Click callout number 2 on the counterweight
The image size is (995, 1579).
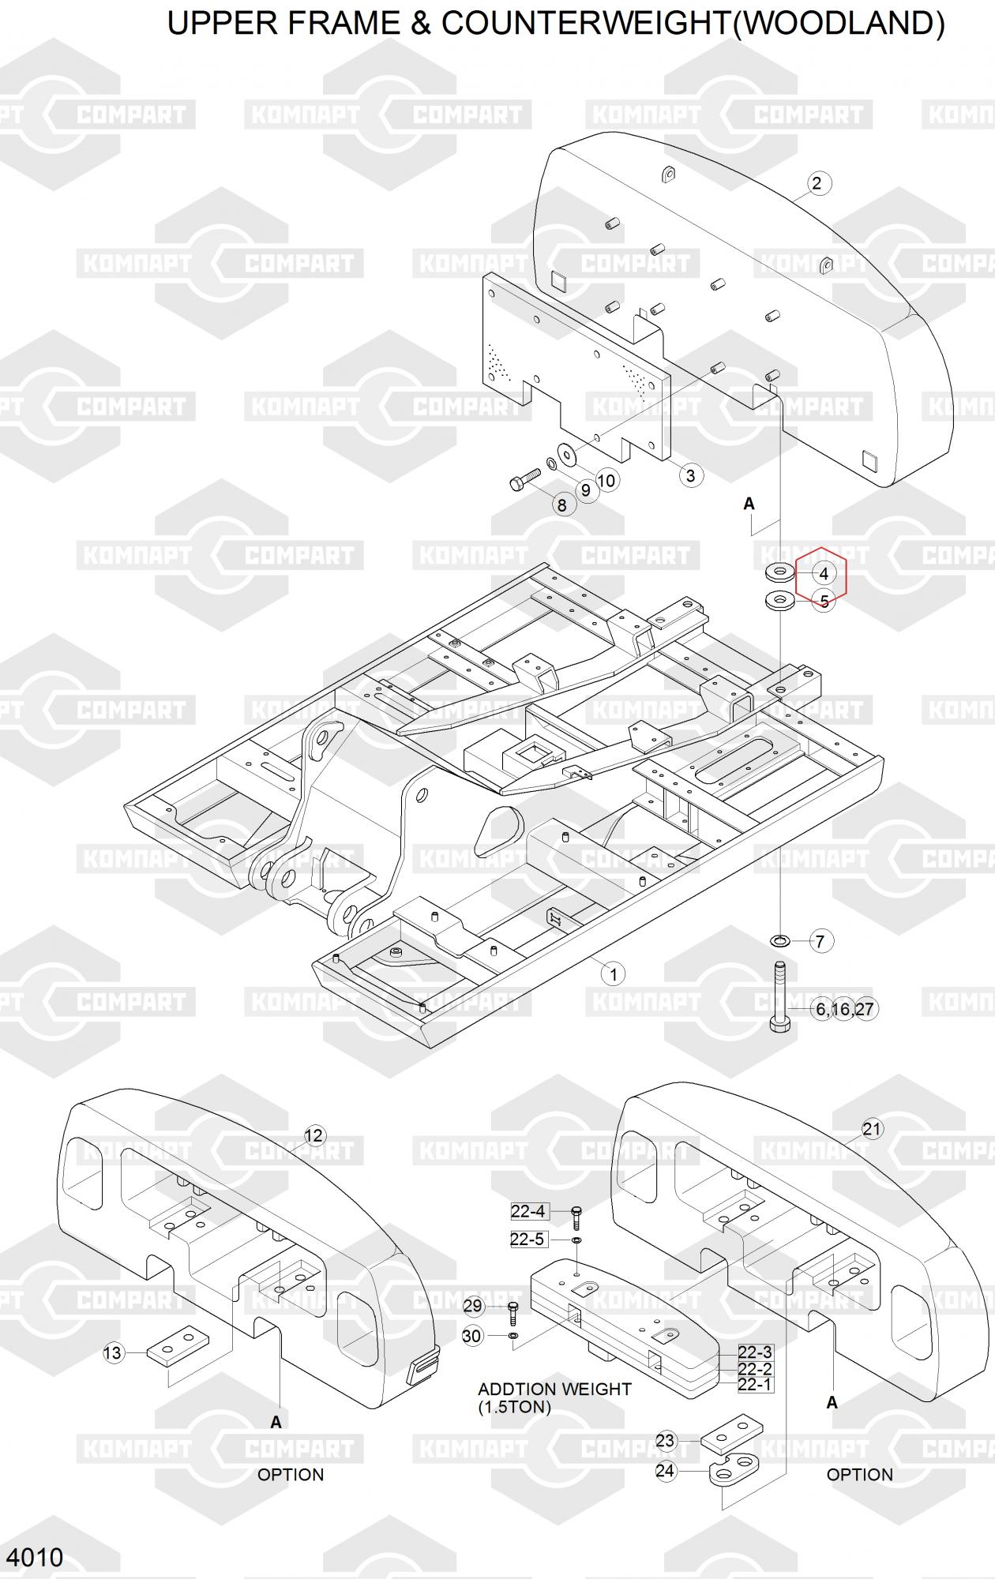tap(817, 184)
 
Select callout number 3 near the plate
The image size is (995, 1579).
tap(691, 475)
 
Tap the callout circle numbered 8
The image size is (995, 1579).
tap(562, 505)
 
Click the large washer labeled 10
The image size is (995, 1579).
tap(566, 454)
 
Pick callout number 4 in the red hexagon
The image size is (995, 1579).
tap(824, 574)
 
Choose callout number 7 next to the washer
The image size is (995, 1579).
tap(820, 941)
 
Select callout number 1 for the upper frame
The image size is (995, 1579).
tap(614, 973)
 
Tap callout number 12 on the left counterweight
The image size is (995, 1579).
tap(314, 1135)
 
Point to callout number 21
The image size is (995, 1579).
tap(871, 1129)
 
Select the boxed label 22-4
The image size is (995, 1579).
tap(528, 1211)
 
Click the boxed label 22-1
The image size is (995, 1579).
tap(755, 1385)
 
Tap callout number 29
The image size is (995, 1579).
tap(472, 1306)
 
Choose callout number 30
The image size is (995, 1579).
tap(471, 1336)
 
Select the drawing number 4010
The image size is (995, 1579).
tap(35, 1558)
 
